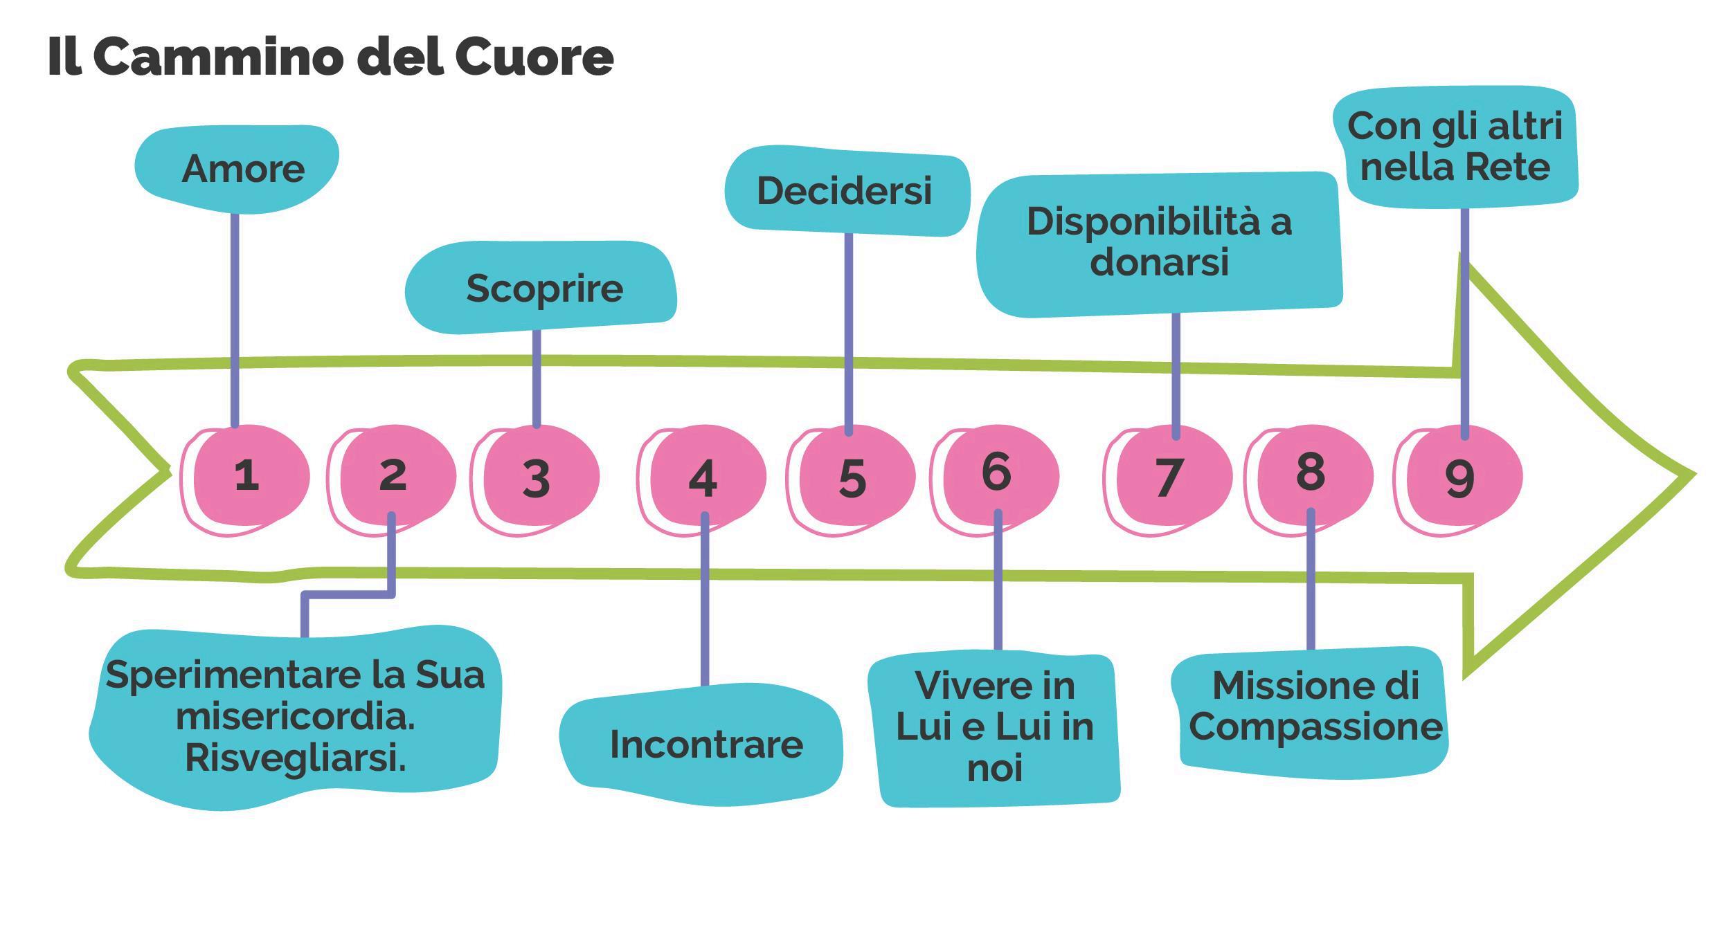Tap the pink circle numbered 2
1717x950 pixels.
pos(395,475)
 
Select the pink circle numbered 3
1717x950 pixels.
pos(539,477)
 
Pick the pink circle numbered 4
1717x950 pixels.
pos(705,477)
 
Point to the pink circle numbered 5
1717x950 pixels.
pos(854,477)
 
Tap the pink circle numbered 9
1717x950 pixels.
pos(1462,477)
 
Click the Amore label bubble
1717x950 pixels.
pos(239,169)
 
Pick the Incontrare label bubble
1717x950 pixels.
pos(703,745)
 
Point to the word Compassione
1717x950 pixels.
pos(1315,727)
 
